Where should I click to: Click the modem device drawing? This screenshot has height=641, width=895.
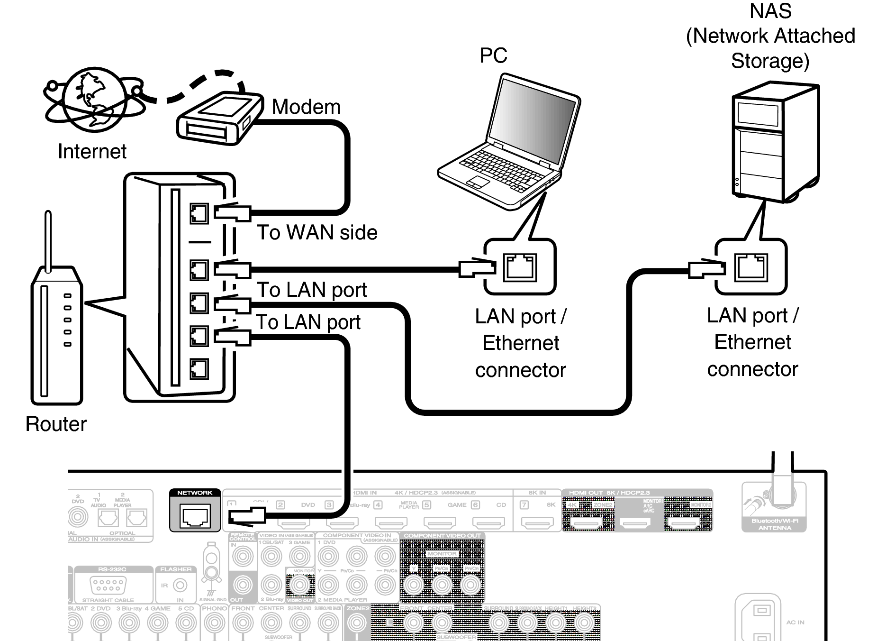[x=219, y=119]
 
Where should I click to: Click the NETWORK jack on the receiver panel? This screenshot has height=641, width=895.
[x=195, y=516]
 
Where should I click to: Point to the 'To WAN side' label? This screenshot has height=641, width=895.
[x=316, y=232]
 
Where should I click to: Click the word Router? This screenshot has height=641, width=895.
[x=56, y=424]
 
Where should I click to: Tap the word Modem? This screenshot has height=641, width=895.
[x=306, y=107]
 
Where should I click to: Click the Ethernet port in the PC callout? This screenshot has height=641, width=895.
[x=520, y=267]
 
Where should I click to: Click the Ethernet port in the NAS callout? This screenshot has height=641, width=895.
[x=751, y=267]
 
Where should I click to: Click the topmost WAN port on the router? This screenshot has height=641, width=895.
[x=199, y=214]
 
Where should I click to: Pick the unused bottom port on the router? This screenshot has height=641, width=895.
[x=199, y=368]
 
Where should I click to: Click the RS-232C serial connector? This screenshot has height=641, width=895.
[x=108, y=585]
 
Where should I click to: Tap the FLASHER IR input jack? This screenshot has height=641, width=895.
[x=180, y=586]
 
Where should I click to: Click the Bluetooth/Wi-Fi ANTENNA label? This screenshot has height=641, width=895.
[x=774, y=524]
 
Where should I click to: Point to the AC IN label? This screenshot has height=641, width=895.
[x=795, y=622]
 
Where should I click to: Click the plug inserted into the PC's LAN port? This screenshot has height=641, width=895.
[x=476, y=268]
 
